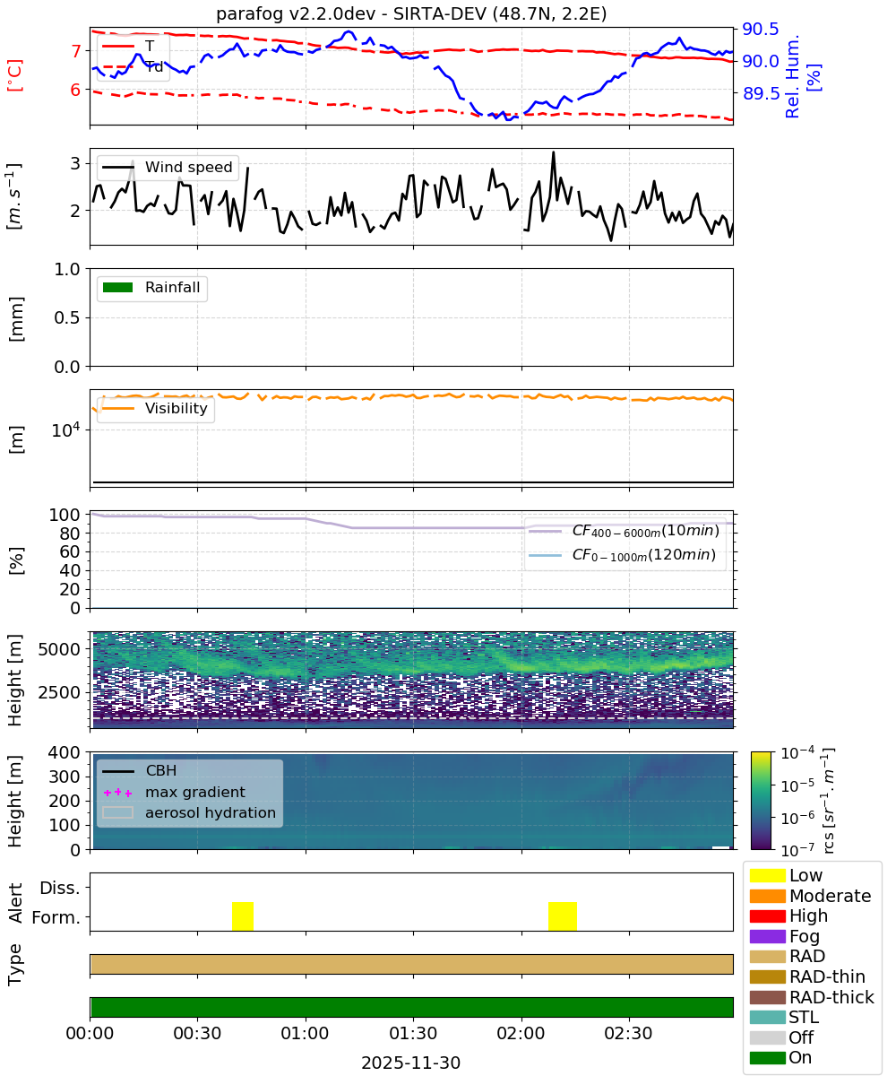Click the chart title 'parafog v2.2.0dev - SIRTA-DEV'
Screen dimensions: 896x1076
click(351, 13)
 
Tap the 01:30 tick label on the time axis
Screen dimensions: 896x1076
click(413, 1033)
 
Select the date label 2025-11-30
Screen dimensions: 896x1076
click(411, 1063)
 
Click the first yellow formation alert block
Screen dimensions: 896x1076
click(243, 915)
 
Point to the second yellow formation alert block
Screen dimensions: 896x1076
click(563, 915)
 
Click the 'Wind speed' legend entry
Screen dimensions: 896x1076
click(168, 167)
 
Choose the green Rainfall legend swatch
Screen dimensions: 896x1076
click(118, 287)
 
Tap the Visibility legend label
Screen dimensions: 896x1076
click(177, 408)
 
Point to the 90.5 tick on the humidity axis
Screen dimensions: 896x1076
click(760, 29)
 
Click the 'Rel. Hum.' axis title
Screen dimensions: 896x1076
click(792, 76)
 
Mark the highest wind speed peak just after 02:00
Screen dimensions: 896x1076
click(554, 152)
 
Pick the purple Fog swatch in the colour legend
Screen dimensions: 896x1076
click(767, 936)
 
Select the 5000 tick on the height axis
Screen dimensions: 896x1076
click(59, 649)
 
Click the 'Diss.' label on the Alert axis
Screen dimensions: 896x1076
click(60, 888)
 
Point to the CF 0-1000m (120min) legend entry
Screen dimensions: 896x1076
click(623, 555)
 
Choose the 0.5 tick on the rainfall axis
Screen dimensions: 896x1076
click(67, 317)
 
